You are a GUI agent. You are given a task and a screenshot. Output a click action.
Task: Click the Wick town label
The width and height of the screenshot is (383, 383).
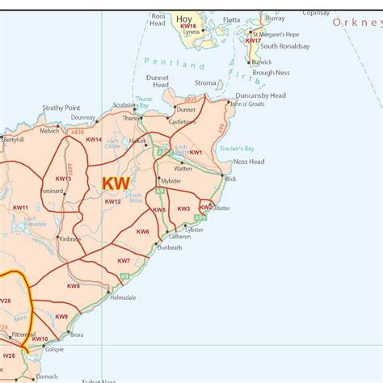tap(231, 179)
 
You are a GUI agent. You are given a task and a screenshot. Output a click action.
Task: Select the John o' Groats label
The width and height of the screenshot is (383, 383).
tap(248, 104)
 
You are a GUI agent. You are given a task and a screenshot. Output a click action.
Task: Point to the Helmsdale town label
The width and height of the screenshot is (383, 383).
tap(124, 297)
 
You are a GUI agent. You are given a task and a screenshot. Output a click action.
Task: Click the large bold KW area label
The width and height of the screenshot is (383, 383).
tap(115, 184)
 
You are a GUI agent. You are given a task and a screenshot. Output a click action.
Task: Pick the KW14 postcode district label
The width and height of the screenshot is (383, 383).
tap(94, 140)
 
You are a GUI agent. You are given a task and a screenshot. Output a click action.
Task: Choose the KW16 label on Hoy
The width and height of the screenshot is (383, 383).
tap(188, 27)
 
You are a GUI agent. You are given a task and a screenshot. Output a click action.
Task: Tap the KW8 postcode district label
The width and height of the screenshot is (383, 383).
tap(74, 286)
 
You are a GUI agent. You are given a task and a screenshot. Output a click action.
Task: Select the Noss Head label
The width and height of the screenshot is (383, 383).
tap(249, 162)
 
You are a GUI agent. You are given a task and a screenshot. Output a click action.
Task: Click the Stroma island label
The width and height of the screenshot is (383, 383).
tap(206, 83)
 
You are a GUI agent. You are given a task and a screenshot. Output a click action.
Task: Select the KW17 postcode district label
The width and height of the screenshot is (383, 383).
tap(254, 40)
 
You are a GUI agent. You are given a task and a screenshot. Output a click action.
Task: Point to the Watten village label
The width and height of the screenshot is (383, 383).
tap(183, 169)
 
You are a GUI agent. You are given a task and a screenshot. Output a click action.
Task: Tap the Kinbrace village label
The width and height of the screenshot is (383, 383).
tap(70, 239)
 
